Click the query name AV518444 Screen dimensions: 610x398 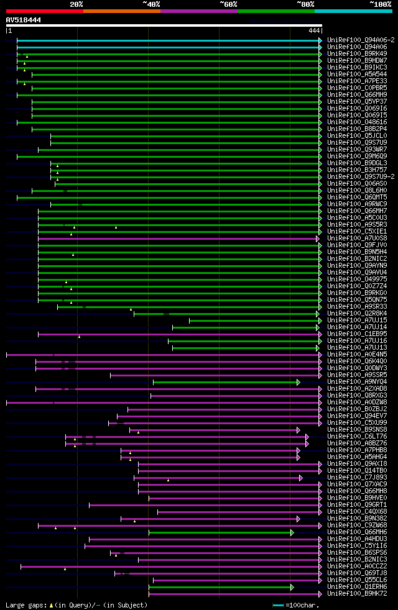[24, 20]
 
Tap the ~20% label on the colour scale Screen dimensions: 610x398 [76, 4]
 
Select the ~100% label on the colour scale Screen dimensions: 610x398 [380, 4]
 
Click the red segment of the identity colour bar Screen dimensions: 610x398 [44, 11]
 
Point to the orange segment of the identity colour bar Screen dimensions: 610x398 [121, 11]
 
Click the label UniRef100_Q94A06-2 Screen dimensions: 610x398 [361, 40]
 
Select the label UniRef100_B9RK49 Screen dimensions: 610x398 [358, 53]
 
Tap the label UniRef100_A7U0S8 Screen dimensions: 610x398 [358, 238]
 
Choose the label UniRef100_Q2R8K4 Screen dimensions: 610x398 [358, 313]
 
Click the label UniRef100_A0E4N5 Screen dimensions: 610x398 [358, 354]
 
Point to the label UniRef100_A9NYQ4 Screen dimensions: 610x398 [358, 381]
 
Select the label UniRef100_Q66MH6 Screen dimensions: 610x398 [358, 532]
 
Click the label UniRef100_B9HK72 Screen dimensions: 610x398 [358, 593]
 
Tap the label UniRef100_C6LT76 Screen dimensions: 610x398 [358, 436]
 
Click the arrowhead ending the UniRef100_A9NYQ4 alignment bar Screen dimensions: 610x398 [298, 381]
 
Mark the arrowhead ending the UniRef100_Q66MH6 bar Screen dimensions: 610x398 [292, 532]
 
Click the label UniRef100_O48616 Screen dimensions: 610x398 [358, 122]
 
